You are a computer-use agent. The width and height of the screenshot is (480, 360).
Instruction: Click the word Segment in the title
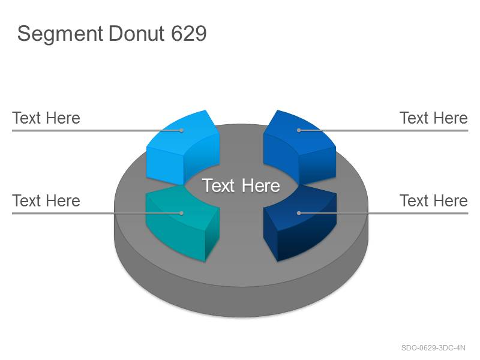click(x=60, y=34)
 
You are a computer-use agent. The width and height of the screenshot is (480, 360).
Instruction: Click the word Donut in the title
click(x=137, y=34)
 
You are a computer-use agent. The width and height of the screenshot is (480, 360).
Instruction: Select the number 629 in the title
click(x=188, y=34)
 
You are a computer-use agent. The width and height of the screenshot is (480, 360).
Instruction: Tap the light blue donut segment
click(x=183, y=148)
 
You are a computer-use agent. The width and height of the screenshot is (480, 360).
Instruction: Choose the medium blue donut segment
click(x=299, y=148)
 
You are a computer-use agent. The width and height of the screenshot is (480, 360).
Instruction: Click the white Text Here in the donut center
click(x=241, y=185)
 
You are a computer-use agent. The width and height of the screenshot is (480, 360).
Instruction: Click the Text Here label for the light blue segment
click(x=46, y=118)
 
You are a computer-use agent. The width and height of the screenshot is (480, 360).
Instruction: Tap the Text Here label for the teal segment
click(x=46, y=201)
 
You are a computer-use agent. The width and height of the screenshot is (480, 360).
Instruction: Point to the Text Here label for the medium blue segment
click(x=433, y=118)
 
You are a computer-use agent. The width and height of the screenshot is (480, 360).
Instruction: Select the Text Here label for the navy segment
click(x=433, y=201)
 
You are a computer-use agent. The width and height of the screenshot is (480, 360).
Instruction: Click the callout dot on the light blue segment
click(x=182, y=131)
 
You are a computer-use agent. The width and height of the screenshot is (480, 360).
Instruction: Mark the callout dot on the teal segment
click(x=182, y=213)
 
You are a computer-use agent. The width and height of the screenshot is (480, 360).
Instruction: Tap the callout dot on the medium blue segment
click(x=299, y=131)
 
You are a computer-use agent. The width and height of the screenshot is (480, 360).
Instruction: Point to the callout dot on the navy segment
click(x=299, y=213)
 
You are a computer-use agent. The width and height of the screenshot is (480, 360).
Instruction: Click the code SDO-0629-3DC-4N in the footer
click(x=433, y=348)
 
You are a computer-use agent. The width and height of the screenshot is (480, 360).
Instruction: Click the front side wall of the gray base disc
click(x=241, y=302)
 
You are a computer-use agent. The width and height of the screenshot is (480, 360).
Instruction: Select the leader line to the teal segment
click(x=97, y=213)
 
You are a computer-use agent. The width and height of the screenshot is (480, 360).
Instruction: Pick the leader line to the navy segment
click(x=383, y=213)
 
